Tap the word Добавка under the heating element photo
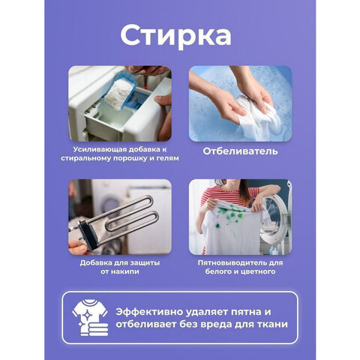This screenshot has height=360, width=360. pyautogui.click(x=97, y=262)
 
